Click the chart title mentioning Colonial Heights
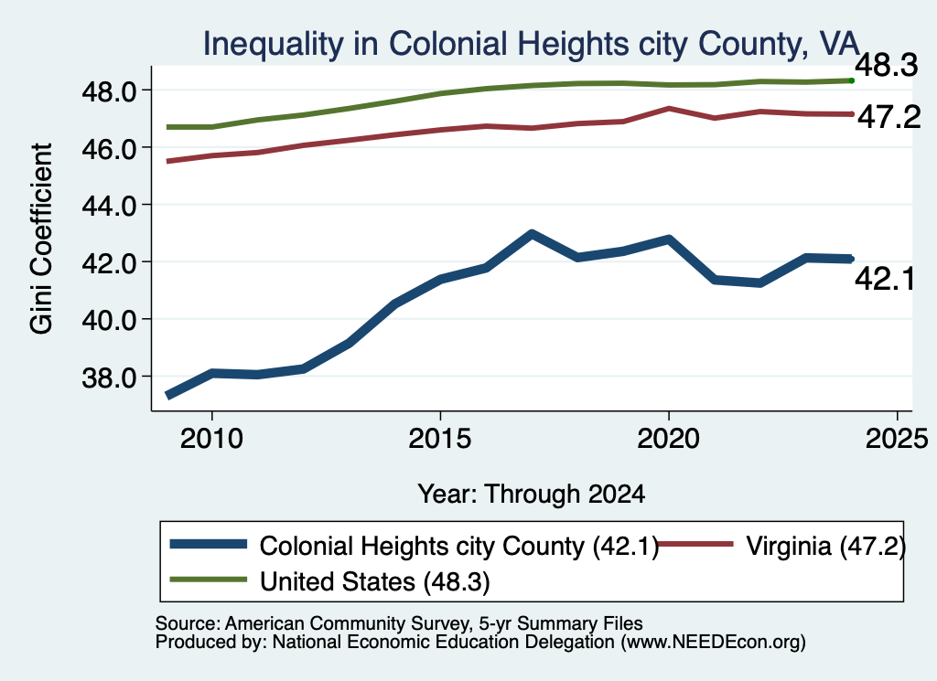click(x=532, y=44)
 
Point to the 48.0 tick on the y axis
click(x=111, y=91)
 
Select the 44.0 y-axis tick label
click(x=111, y=206)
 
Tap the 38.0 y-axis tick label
click(x=111, y=378)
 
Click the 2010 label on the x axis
click(x=211, y=440)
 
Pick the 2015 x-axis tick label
click(x=440, y=440)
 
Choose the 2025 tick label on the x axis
click(x=897, y=440)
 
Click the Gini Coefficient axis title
click(x=41, y=239)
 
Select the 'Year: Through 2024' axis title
click(x=532, y=495)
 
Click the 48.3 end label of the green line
click(x=886, y=65)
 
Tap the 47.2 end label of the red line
click(x=889, y=117)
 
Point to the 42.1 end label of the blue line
click(x=885, y=279)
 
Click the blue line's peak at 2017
click(x=532, y=234)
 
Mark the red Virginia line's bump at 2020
click(x=669, y=109)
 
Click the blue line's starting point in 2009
click(x=169, y=395)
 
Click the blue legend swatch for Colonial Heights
click(x=209, y=544)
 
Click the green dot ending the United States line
click(x=852, y=80)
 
